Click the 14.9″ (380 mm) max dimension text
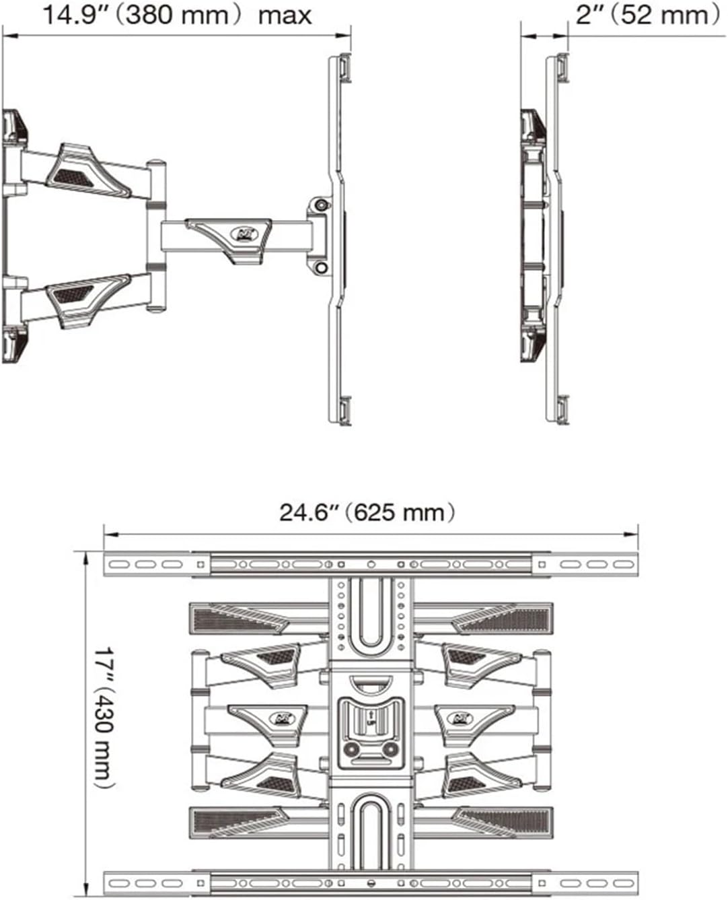pos(176,15)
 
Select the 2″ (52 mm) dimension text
pos(647,15)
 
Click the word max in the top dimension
pos(285,15)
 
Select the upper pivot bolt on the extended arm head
pos(322,204)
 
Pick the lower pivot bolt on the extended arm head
pos(322,268)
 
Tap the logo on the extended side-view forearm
pos(241,234)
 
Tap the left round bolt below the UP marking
pos(351,749)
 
